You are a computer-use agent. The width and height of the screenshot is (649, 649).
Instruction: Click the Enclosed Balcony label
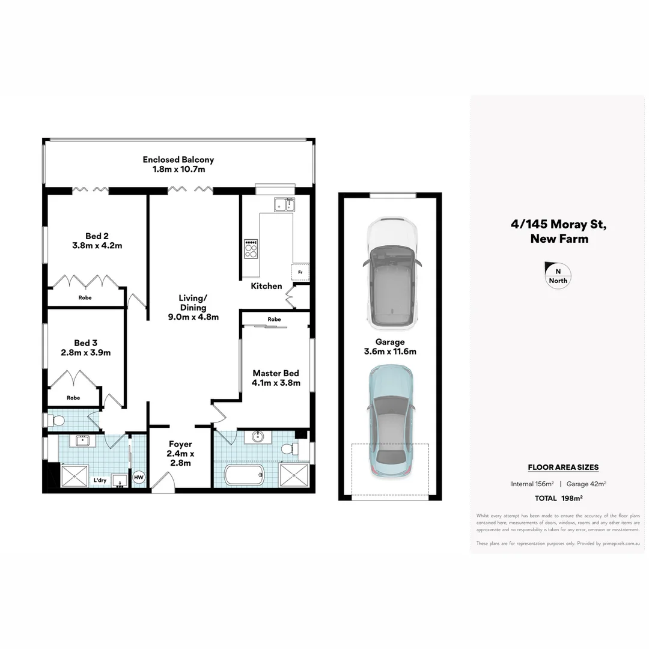click(178, 160)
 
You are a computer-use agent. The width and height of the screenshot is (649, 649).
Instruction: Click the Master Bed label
click(276, 373)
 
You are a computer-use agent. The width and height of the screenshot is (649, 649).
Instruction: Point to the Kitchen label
click(266, 286)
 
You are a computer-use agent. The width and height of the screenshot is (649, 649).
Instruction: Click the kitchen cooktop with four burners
click(251, 249)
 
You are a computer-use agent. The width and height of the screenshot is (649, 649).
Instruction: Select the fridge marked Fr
click(300, 272)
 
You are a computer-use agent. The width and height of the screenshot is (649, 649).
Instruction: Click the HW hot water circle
click(139, 478)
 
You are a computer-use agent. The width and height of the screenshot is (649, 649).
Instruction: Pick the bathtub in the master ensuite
click(245, 475)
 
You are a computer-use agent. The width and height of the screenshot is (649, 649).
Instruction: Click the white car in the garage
click(392, 274)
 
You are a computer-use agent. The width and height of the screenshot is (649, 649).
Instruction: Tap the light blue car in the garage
click(391, 420)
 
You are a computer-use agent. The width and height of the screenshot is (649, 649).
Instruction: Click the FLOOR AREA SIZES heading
click(563, 468)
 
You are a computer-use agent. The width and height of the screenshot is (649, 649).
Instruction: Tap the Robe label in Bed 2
click(85, 297)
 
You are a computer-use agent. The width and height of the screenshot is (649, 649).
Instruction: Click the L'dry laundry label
click(100, 481)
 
